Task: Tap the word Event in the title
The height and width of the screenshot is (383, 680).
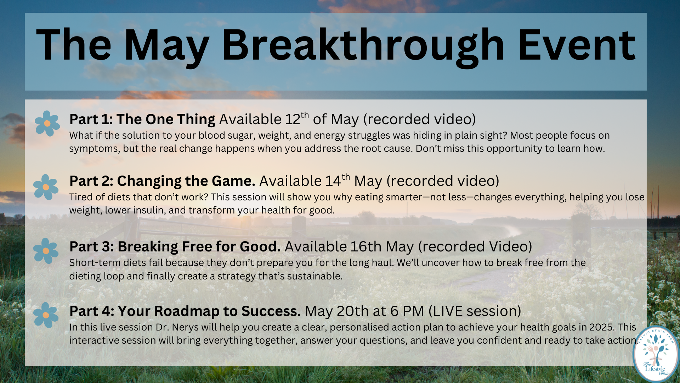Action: point(577,45)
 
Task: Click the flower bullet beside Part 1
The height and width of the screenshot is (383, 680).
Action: point(47,123)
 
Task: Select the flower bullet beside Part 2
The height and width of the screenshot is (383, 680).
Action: point(46,187)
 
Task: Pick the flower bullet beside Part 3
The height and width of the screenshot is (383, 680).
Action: point(46,251)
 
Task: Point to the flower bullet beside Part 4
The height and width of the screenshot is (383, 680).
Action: point(46,315)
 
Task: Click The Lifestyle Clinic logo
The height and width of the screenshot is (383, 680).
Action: point(656,354)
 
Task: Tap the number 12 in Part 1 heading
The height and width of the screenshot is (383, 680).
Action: point(293,120)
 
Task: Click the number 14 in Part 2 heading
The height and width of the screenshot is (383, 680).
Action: point(333,181)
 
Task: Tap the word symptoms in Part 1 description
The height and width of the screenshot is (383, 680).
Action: point(93,149)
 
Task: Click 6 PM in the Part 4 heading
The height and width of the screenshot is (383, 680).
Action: point(407,311)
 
